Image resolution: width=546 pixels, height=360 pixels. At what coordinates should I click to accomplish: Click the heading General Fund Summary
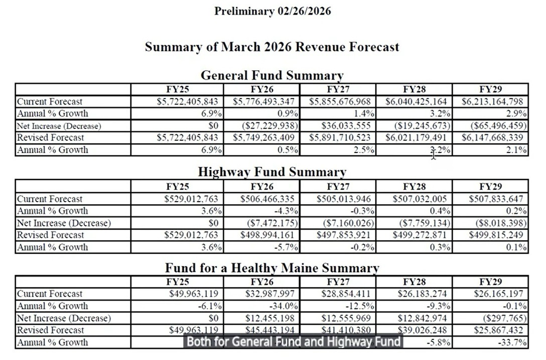pyautogui.click(x=272, y=76)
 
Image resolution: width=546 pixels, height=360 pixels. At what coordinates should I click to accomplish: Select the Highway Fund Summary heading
pyautogui.click(x=272, y=172)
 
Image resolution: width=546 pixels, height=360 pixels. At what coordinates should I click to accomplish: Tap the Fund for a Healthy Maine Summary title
pyautogui.click(x=272, y=268)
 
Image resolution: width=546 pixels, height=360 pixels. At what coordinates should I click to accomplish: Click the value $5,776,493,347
pyautogui.click(x=263, y=101)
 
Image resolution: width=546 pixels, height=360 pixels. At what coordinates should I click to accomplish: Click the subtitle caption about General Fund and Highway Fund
pyautogui.click(x=294, y=342)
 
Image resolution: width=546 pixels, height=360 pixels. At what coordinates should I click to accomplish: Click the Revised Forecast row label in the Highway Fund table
pyautogui.click(x=51, y=235)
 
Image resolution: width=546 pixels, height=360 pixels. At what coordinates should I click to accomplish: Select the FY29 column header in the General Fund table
pyautogui.click(x=490, y=89)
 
